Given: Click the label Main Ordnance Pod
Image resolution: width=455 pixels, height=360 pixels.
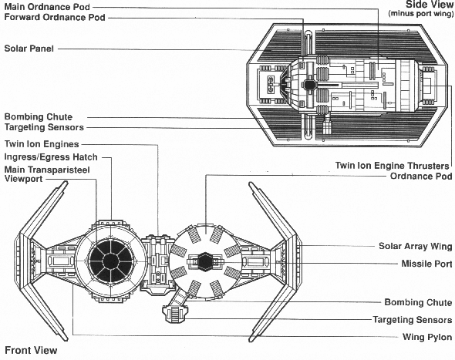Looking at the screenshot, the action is point(47,6).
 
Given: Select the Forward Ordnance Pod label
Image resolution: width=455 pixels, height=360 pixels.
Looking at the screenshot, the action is point(55,17).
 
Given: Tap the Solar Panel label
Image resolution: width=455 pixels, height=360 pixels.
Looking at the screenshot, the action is point(29,49).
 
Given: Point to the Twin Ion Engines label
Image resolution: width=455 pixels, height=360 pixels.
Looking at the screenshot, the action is point(42,144).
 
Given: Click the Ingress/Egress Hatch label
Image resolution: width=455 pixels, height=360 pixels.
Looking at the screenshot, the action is point(51,157).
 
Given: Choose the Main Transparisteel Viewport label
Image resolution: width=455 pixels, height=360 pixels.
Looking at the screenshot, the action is point(47,174).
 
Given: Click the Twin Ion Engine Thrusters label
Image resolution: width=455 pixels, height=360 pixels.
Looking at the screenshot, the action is point(393,166).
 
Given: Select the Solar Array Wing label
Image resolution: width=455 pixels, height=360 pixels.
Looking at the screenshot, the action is point(416,246).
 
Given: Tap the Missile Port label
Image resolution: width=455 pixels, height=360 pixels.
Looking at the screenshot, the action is point(427,264).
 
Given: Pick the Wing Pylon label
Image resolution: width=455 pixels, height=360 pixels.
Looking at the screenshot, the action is point(427,337).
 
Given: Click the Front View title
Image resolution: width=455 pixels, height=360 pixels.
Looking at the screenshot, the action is point(31,350).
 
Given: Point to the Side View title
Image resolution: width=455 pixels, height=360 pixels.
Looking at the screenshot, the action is point(430,5).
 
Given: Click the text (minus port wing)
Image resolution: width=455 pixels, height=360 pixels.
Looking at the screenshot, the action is point(421,14).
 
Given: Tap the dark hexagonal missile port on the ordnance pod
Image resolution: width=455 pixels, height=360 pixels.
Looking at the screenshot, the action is point(205,261).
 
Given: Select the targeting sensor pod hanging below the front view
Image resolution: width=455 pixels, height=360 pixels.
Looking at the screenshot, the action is point(175,314).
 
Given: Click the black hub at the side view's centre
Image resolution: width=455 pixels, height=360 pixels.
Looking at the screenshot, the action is point(309,85).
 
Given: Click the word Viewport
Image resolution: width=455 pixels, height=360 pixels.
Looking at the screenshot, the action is point(23,179).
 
